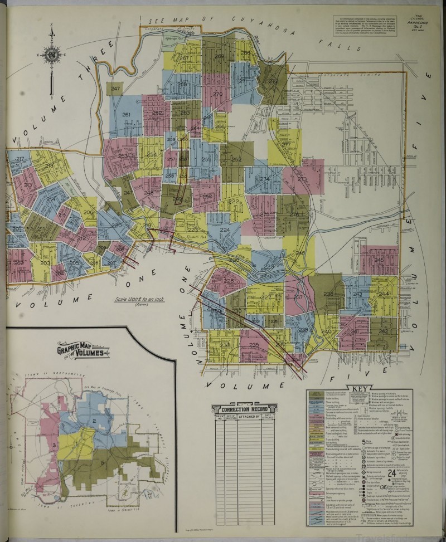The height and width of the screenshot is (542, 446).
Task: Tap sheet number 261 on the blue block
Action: pos(126,115)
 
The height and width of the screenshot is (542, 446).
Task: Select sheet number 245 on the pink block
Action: pos(379,260)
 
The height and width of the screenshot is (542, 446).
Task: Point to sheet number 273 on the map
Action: pos(302,179)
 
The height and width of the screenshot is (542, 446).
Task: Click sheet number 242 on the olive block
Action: pos(383,331)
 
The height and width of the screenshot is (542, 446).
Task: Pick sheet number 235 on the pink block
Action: pos(254,345)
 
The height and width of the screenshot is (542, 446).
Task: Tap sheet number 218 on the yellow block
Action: pos(49,166)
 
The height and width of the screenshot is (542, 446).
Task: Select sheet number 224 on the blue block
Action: pos(225,230)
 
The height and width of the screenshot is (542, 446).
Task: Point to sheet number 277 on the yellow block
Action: pos(286,145)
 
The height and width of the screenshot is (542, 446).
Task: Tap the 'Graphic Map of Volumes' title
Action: pos(84,352)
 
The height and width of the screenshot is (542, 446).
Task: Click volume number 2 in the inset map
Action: pos(95,420)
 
